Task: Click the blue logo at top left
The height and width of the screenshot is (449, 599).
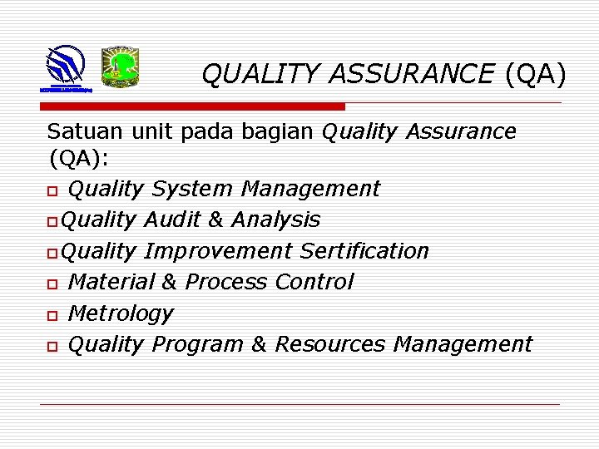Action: point(64,67)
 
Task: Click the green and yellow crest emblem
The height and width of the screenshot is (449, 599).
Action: point(120,67)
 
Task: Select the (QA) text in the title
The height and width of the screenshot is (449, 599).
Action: point(534,75)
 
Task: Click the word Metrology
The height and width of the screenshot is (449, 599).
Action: point(120,313)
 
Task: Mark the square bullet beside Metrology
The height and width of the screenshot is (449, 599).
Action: point(52,315)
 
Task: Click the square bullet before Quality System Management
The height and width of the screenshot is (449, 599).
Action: point(52,190)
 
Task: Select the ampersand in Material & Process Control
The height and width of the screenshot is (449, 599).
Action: point(169,282)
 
